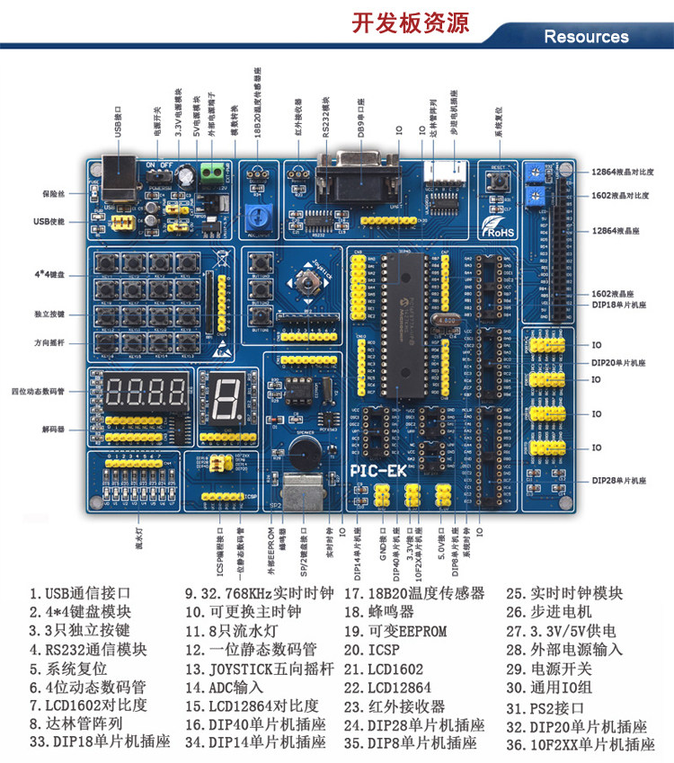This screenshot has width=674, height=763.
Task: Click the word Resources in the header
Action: (586, 37)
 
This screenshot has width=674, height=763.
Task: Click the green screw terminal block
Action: (213, 171)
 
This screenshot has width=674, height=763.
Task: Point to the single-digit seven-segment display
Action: (223, 395)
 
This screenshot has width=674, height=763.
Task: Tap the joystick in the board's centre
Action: (306, 286)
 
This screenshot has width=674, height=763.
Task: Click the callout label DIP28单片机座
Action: (619, 482)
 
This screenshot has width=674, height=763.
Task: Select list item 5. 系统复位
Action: (67, 669)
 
